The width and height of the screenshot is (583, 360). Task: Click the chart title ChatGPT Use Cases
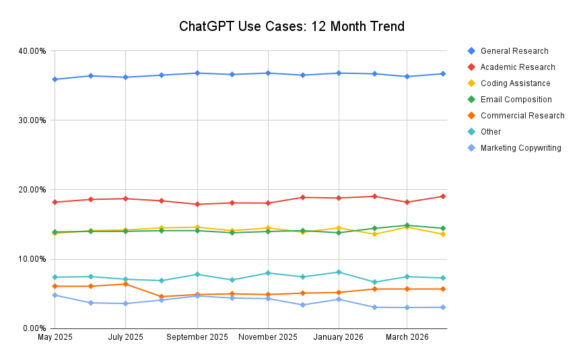[x=291, y=27]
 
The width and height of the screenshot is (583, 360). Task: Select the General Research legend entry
[x=514, y=51]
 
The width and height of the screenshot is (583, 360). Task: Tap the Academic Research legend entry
[x=518, y=67]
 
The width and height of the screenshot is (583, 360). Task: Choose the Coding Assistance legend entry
[x=515, y=83]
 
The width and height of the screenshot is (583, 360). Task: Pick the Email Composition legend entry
[x=516, y=100]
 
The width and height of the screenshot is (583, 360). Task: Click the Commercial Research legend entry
[x=522, y=116]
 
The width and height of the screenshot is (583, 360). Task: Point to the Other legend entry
[x=491, y=132]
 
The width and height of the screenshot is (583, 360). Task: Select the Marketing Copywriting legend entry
[x=520, y=148]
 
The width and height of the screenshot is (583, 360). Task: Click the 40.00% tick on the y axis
[x=32, y=51]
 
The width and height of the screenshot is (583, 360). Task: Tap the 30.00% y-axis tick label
[x=32, y=120]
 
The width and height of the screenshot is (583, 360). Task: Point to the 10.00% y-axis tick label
[x=32, y=259]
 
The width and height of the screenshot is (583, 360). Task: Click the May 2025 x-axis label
[x=55, y=336]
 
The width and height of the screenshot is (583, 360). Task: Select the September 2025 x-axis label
[x=197, y=336]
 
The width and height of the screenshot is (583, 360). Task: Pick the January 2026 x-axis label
[x=338, y=336]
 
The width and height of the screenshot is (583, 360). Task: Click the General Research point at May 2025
[x=55, y=79]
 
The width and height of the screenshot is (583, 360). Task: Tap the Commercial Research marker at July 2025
[x=125, y=284]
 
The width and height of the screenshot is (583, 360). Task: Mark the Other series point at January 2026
[x=338, y=272]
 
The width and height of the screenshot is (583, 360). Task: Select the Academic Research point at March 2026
[x=407, y=203]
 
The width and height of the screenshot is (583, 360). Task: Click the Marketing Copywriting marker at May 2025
[x=55, y=295]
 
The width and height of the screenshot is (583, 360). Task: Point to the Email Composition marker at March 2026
[x=407, y=225]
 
